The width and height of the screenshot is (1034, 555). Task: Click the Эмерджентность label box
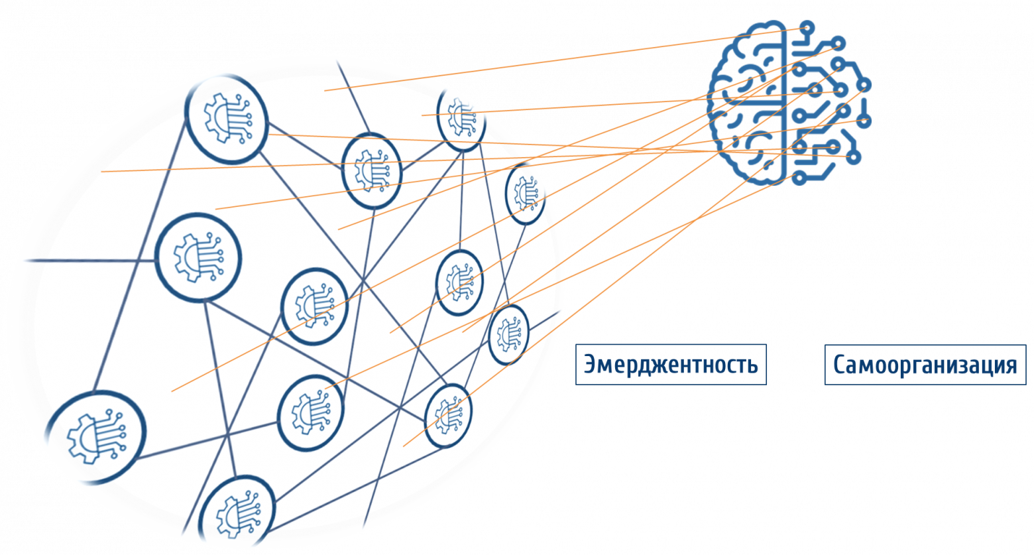coord(671,364)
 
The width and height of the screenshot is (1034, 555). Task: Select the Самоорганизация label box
coord(925,364)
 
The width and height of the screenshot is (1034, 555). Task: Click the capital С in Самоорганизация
coord(838,365)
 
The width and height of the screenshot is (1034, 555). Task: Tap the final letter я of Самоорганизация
coord(1010,365)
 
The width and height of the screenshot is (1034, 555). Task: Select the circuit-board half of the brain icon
coord(825,99)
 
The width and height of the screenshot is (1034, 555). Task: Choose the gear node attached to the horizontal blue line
coord(198,257)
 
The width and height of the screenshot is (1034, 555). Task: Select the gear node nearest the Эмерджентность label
coord(509,334)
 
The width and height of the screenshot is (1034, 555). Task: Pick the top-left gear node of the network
coord(225,118)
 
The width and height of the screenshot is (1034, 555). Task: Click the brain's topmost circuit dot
coord(807,27)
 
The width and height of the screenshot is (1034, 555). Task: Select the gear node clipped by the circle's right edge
coord(526,192)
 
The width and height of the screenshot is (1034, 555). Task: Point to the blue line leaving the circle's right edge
coord(550,317)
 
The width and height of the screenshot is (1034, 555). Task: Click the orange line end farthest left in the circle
coord(103,172)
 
